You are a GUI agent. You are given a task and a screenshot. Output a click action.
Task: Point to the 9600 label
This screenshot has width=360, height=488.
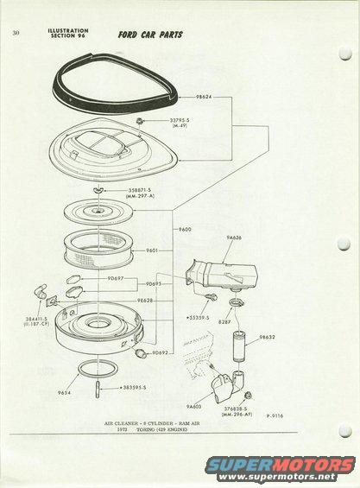point(184,231)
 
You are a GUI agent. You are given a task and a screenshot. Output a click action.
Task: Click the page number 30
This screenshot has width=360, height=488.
point(16,33)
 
